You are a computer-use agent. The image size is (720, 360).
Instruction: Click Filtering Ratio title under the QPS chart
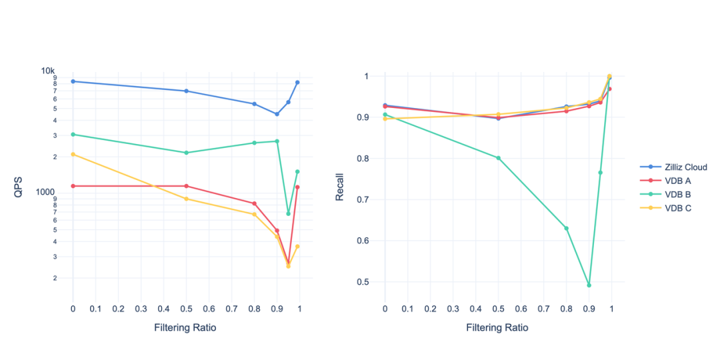(x=185, y=328)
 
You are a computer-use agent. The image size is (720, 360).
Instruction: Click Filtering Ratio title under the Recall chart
(x=497, y=328)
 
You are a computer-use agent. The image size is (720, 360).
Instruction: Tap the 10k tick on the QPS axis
(x=47, y=71)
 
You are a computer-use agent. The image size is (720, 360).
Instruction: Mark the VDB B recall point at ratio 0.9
(x=589, y=285)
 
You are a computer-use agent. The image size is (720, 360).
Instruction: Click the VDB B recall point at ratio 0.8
(x=566, y=228)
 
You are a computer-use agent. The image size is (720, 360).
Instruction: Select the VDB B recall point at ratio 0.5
(x=498, y=158)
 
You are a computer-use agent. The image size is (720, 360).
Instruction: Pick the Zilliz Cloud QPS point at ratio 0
(x=73, y=81)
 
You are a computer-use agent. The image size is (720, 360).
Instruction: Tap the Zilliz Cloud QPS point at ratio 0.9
(x=277, y=114)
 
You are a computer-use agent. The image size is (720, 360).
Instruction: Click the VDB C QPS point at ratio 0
(x=73, y=155)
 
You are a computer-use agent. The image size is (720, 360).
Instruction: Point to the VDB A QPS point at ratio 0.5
(x=186, y=186)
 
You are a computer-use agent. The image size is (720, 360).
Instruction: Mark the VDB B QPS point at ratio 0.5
(x=186, y=153)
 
